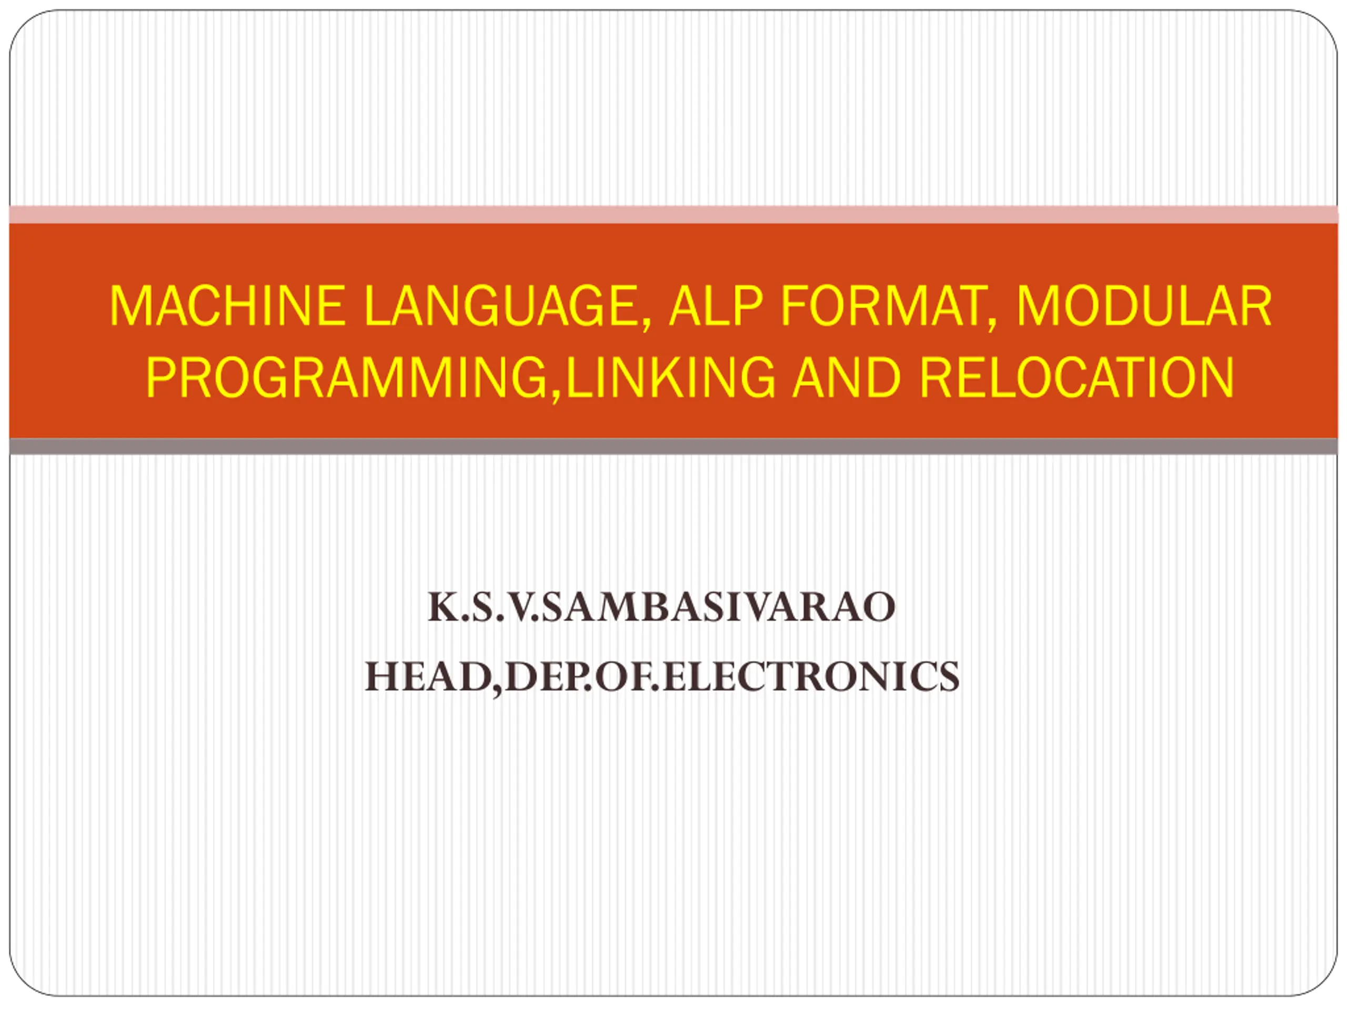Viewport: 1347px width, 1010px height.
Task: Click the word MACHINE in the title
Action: point(228,306)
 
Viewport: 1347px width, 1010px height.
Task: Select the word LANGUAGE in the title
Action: point(501,306)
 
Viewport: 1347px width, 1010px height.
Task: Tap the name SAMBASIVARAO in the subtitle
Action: point(719,608)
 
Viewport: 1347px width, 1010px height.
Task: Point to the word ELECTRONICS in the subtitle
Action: point(811,676)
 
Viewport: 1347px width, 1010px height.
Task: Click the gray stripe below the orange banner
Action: point(673,446)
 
